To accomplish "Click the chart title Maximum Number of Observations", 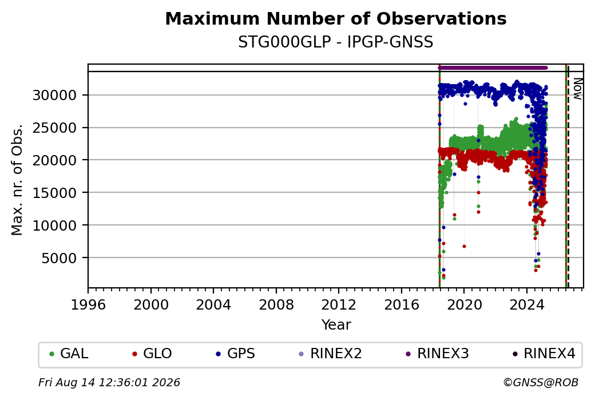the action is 336,18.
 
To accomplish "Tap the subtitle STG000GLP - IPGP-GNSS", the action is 336,42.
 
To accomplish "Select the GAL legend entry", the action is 69,354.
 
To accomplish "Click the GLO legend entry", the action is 152,354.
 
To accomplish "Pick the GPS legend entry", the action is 235,354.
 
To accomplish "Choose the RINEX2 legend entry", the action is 330,354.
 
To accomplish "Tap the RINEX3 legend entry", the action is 437,354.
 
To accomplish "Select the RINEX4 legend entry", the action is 544,354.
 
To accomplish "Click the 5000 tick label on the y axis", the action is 59,258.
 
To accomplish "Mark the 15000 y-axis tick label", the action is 55,193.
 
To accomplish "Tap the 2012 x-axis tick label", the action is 339,305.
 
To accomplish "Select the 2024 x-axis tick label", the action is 527,305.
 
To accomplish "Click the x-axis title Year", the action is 336,325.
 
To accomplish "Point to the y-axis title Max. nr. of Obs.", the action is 17,180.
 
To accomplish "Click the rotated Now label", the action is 577,89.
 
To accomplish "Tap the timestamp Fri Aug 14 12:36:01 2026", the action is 109,382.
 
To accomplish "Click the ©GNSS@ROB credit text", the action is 541,382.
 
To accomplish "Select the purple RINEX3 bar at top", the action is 493,68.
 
